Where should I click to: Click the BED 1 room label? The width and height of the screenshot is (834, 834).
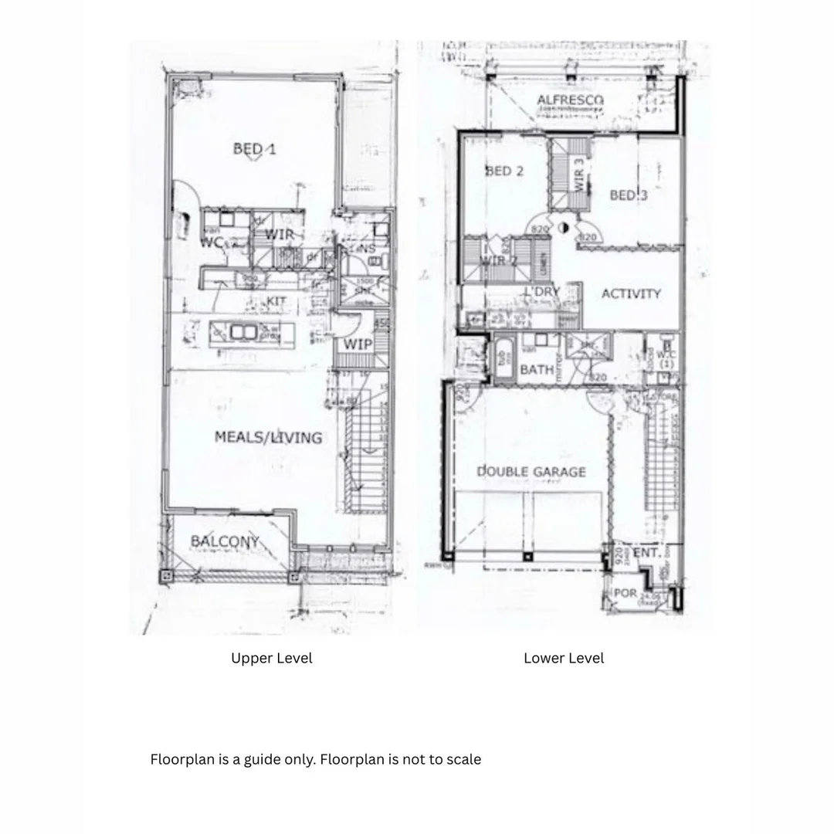coord(254,149)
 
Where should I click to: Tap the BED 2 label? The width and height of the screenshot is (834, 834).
coord(504,171)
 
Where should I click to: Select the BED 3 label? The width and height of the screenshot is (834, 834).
coord(629,195)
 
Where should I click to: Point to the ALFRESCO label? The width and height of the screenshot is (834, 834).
coord(571,100)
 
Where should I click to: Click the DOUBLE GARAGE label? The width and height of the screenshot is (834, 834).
coord(531,471)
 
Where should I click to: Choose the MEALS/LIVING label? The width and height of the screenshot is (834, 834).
coord(268,437)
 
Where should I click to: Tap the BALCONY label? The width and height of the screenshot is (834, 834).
coord(225,541)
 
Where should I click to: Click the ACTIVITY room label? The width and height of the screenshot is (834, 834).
coord(631,293)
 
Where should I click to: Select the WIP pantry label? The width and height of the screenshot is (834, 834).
coord(358,344)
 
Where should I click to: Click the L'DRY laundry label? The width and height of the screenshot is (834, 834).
coord(541,292)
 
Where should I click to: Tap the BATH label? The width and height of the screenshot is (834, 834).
coord(536,370)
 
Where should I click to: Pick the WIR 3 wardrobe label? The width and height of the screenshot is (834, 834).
coord(580,175)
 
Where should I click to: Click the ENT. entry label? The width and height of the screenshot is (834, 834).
coord(646,553)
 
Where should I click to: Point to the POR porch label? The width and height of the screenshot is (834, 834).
coord(625,593)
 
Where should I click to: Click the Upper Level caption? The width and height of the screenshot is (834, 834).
coord(272,658)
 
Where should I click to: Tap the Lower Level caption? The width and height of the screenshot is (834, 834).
coord(564,658)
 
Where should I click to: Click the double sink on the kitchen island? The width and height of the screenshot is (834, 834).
coord(242,332)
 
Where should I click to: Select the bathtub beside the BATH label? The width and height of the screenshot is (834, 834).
coord(503,359)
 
